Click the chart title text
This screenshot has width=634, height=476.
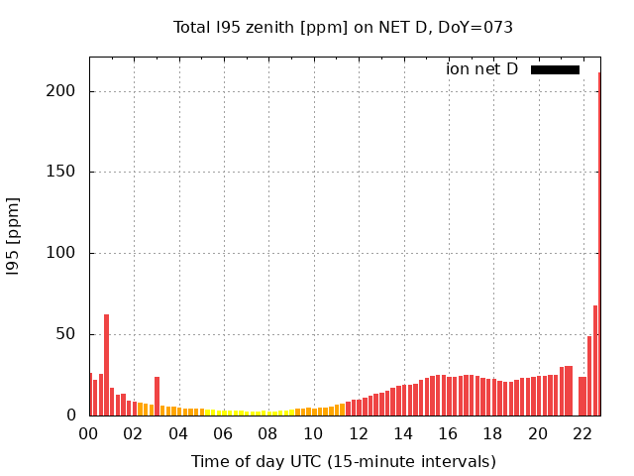[343, 27]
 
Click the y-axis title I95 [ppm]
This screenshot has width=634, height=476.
[14, 236]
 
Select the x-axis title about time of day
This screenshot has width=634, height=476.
[343, 461]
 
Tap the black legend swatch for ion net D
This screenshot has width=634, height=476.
[555, 69]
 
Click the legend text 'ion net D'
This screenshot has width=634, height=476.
[481, 69]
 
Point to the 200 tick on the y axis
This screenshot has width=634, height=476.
[63, 91]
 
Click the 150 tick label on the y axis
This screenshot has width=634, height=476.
[63, 173]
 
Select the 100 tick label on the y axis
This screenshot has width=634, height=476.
[63, 254]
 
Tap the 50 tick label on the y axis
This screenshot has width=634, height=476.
[68, 334]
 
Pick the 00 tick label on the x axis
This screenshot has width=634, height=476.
[89, 433]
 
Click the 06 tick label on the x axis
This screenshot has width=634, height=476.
[223, 433]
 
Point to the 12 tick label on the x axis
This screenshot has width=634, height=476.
[358, 433]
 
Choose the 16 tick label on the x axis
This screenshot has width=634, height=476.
[448, 433]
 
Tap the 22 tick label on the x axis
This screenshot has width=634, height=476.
[582, 433]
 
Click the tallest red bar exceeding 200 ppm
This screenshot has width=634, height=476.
[599, 248]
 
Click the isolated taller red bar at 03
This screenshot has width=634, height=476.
[157, 397]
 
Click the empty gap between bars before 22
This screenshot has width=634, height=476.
[576, 397]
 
